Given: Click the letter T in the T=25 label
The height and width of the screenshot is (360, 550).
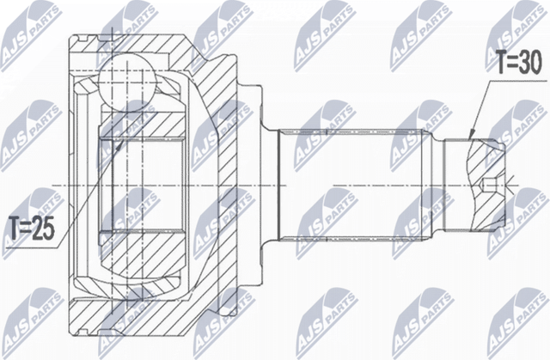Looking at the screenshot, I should (15, 229).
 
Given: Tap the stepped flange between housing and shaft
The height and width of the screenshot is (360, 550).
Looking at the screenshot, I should (254, 186).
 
